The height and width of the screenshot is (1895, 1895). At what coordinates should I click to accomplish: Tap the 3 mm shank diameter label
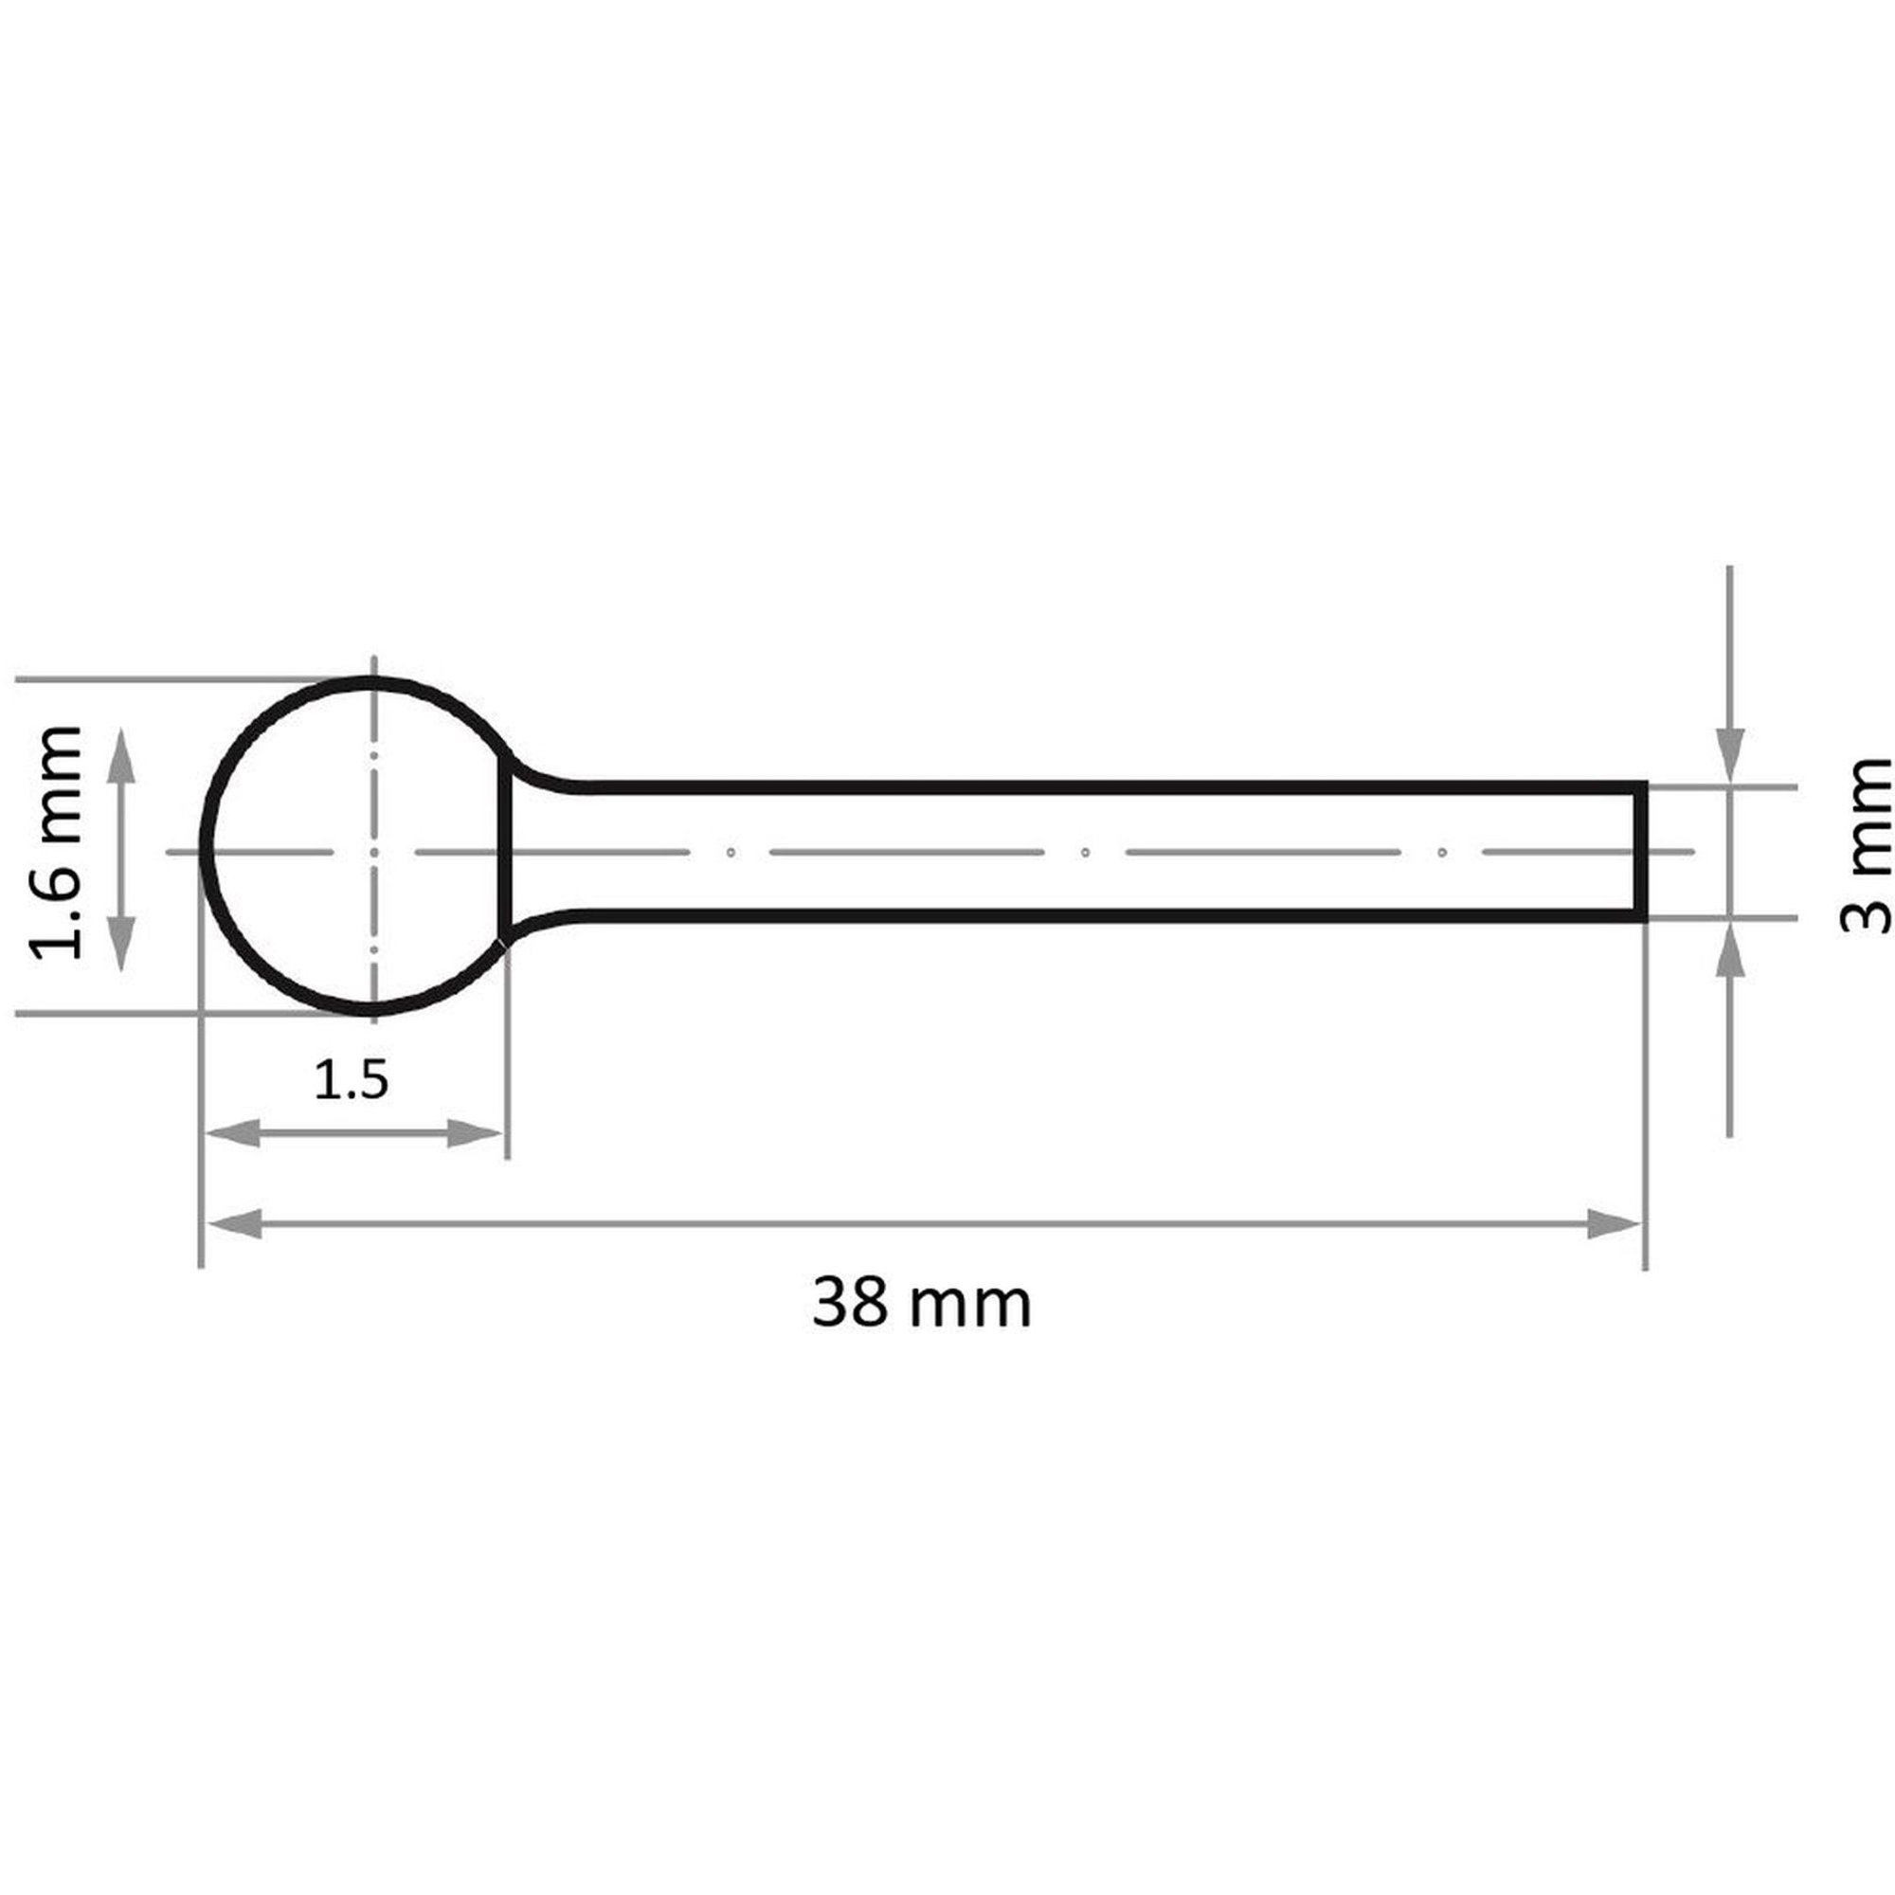pos(1865,845)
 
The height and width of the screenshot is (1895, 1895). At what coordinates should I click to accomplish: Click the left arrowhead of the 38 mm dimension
pos(233,1224)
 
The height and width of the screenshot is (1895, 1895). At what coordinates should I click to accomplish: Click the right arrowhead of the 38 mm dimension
pos(1614,1224)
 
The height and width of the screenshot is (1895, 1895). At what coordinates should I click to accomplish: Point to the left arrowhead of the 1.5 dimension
pos(233,1134)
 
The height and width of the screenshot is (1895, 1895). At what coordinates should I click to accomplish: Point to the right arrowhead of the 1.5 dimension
pos(475,1134)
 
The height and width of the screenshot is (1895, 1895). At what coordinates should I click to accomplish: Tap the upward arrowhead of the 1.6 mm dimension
pos(120,755)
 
